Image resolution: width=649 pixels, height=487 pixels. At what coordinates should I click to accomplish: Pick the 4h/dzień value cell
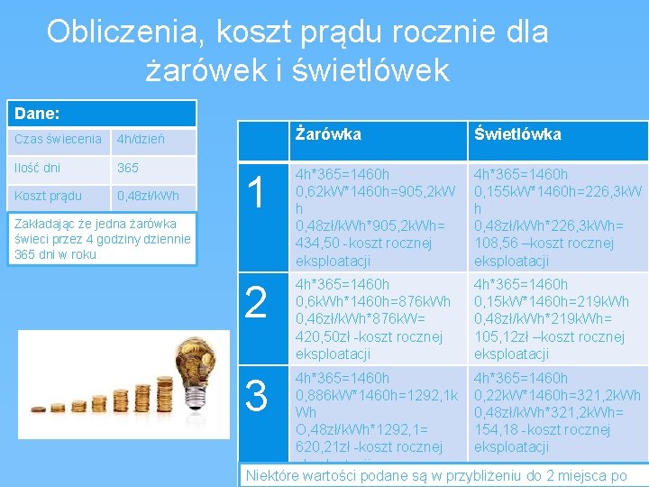point(141,140)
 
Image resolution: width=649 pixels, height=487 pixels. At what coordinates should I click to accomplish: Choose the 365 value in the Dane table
point(128,168)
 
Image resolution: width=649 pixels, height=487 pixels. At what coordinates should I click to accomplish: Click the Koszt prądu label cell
point(49,196)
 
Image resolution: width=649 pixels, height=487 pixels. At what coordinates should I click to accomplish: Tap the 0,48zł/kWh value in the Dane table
point(149,196)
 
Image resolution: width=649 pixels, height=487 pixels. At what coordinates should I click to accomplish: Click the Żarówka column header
point(329,134)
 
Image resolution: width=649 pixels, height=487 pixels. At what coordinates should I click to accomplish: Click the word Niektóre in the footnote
point(274,475)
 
